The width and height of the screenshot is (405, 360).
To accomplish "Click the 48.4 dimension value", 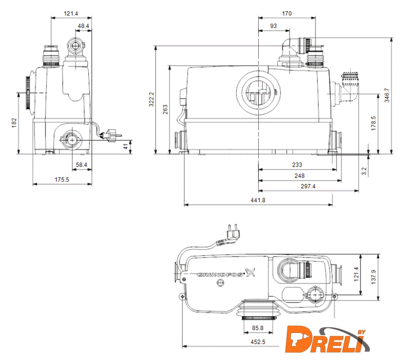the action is (83, 26).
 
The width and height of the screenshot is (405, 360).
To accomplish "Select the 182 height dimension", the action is (14, 123).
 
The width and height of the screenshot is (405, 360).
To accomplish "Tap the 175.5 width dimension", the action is (62, 179).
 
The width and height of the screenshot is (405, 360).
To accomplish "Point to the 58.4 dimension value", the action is (82, 165).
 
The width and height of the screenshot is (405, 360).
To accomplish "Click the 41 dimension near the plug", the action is (126, 146).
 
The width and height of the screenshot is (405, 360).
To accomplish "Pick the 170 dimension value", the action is (287, 13).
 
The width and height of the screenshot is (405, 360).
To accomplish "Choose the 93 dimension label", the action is (273, 26).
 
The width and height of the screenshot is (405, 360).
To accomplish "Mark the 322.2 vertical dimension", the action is (152, 100).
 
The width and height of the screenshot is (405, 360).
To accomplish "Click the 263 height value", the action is (165, 110).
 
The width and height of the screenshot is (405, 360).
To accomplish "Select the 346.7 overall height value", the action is (386, 95).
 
